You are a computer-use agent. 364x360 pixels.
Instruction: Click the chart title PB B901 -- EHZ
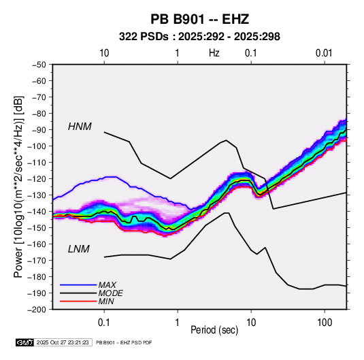click(x=199, y=19)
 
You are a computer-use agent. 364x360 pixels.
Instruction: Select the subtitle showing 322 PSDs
click(x=199, y=37)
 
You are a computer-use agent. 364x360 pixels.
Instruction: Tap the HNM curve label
click(x=80, y=127)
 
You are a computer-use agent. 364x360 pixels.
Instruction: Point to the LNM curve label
click(x=79, y=249)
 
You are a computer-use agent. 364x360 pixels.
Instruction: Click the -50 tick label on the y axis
click(x=39, y=65)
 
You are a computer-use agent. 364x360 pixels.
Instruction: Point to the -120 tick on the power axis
click(x=37, y=179)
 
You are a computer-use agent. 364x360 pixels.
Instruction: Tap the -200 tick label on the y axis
click(x=37, y=310)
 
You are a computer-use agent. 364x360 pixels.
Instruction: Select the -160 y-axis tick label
click(x=37, y=244)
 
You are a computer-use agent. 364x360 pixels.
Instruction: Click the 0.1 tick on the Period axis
click(x=104, y=323)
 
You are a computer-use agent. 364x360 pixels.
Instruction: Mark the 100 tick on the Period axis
click(x=325, y=323)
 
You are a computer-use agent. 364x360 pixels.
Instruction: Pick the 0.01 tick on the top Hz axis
click(x=324, y=53)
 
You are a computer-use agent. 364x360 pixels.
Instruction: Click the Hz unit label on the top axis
click(x=214, y=53)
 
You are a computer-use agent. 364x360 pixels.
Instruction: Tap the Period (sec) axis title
click(x=214, y=330)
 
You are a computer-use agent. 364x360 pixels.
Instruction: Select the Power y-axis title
click(x=18, y=186)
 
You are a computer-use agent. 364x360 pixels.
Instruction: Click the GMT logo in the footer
click(x=25, y=342)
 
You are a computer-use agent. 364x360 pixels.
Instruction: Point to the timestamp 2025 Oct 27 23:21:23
click(x=63, y=342)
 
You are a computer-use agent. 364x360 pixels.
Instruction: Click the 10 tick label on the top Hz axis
click(x=104, y=53)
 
